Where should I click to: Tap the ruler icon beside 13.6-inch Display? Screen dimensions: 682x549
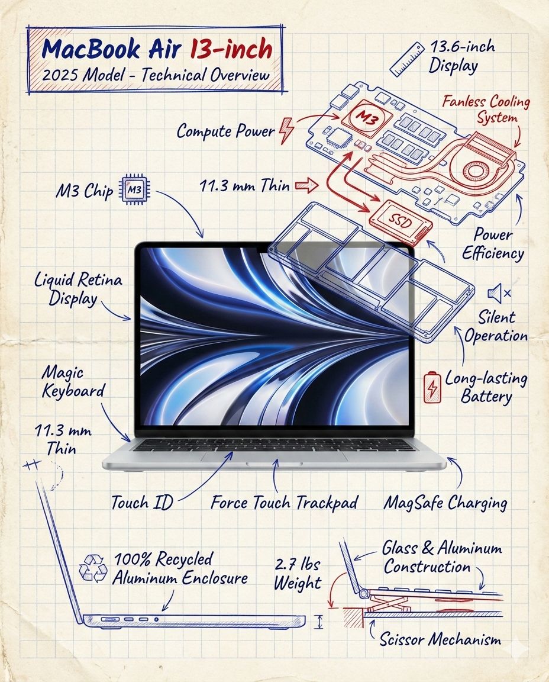coord(408,59)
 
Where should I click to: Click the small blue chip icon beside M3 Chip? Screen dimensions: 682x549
coord(134,189)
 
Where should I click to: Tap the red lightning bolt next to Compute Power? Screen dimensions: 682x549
coord(285,130)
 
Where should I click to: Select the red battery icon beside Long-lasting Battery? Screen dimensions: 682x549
coord(432,387)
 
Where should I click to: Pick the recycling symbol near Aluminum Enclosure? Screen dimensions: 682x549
coord(93,567)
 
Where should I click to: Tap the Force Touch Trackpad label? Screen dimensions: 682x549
coord(284,503)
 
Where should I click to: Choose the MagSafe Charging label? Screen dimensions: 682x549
coord(445,503)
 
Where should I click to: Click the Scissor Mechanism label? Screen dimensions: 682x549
coord(440,639)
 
